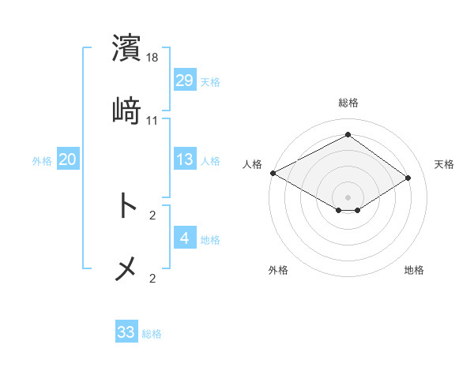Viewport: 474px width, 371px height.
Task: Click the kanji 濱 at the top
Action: pyautogui.click(x=127, y=48)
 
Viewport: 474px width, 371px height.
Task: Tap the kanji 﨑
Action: pyautogui.click(x=126, y=111)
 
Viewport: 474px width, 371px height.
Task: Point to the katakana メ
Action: pyautogui.click(x=126, y=269)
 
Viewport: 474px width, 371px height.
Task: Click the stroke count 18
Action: pyautogui.click(x=153, y=58)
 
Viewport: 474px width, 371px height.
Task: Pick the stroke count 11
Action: pyautogui.click(x=152, y=121)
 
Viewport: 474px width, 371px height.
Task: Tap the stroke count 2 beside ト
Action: pyautogui.click(x=152, y=215)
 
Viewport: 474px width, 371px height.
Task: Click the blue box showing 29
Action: pyautogui.click(x=184, y=81)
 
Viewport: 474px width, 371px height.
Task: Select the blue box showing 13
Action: pyautogui.click(x=184, y=159)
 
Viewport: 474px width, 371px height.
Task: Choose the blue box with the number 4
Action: pyautogui.click(x=184, y=238)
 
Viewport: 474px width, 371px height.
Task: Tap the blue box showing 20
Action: pyautogui.click(x=67, y=159)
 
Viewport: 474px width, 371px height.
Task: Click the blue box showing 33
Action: pyautogui.click(x=126, y=332)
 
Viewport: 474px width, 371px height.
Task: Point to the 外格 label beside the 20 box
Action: pyautogui.click(x=42, y=160)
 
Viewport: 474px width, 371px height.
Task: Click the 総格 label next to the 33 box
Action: pyautogui.click(x=152, y=334)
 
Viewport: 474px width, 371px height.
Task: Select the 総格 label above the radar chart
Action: pyautogui.click(x=348, y=103)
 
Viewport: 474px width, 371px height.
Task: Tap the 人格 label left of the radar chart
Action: pyautogui.click(x=253, y=164)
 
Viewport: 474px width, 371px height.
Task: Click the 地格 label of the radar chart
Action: pyautogui.click(x=414, y=271)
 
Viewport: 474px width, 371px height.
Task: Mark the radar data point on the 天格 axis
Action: pyautogui.click(x=408, y=178)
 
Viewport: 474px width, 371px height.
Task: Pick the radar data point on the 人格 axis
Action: pyautogui.click(x=273, y=173)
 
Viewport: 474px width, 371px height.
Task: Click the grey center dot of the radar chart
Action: pyautogui.click(x=348, y=197)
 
